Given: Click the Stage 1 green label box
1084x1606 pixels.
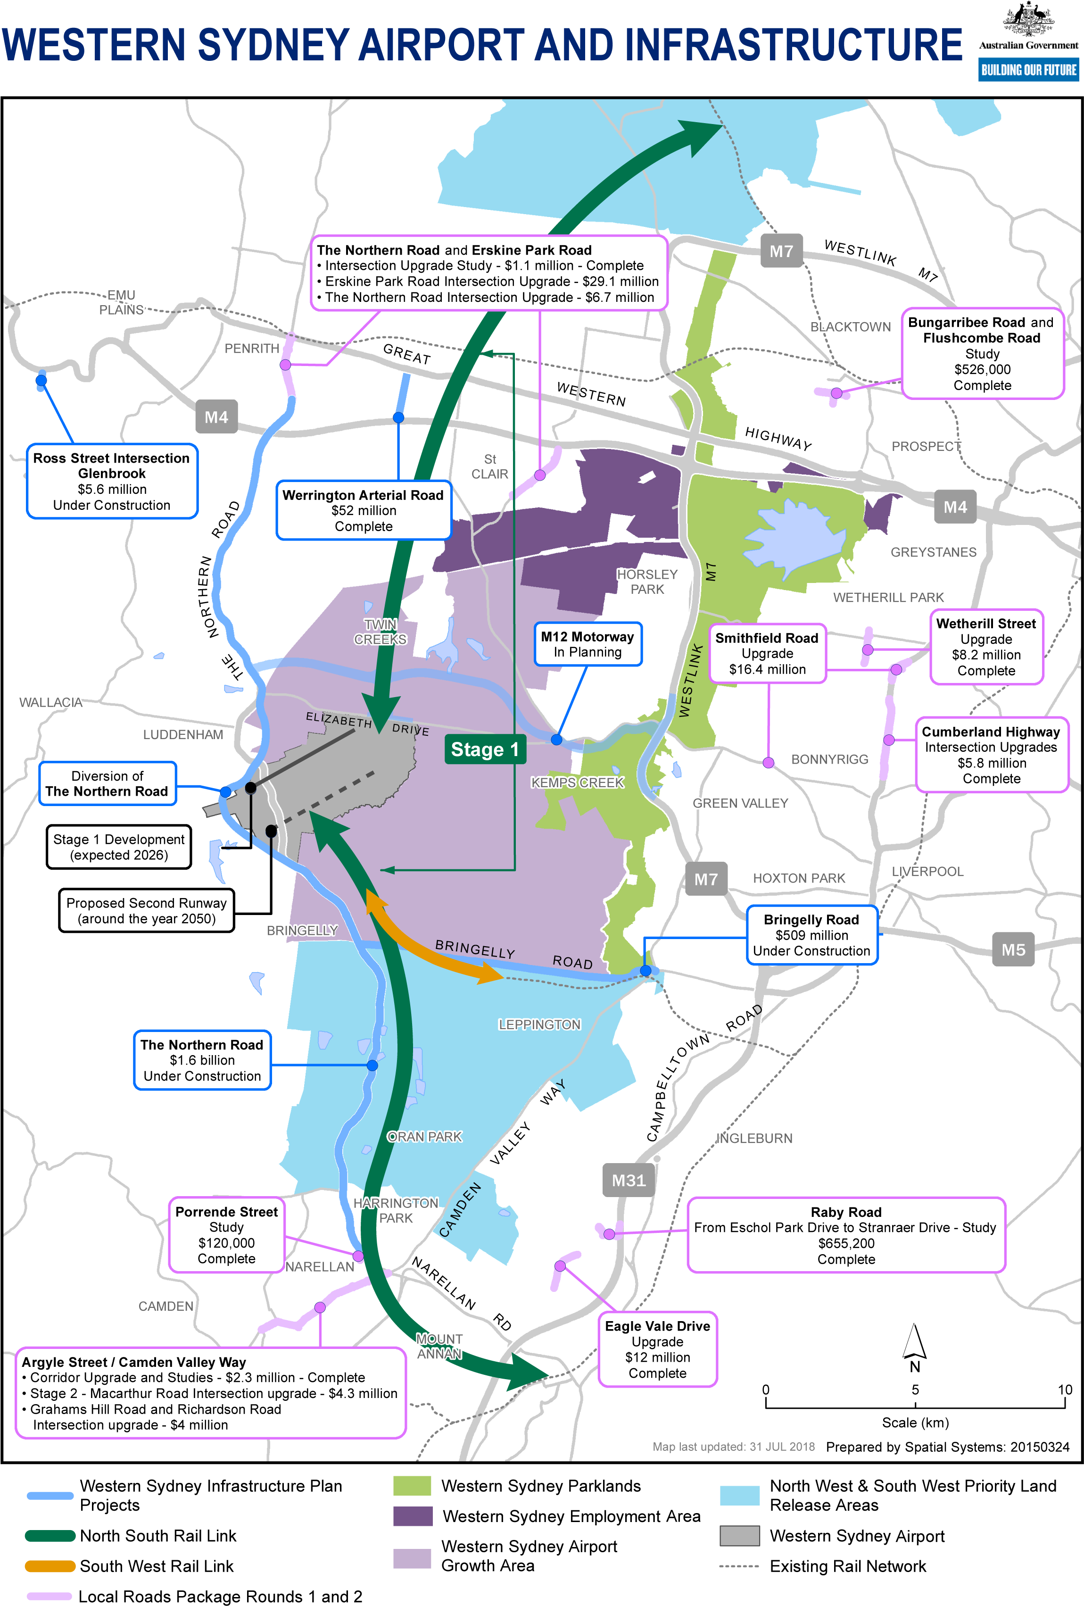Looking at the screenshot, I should [485, 749].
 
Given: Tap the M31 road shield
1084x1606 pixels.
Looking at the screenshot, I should [628, 1180].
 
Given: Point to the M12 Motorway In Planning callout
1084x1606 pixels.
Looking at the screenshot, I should [587, 644].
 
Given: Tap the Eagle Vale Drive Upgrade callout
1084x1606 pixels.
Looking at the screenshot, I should [657, 1349].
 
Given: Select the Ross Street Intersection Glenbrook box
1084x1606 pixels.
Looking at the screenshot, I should [112, 481].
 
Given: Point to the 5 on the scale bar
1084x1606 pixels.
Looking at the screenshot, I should [915, 1390].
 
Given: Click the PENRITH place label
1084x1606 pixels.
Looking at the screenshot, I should [251, 348].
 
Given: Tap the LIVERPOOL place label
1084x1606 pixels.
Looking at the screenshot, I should [927, 872].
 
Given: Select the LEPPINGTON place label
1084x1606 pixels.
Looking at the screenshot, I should [539, 1024].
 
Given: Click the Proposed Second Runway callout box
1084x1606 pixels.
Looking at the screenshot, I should [147, 911].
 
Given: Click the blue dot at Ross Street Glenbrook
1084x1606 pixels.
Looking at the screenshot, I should [41, 380].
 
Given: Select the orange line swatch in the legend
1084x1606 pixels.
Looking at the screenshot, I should [50, 1566].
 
